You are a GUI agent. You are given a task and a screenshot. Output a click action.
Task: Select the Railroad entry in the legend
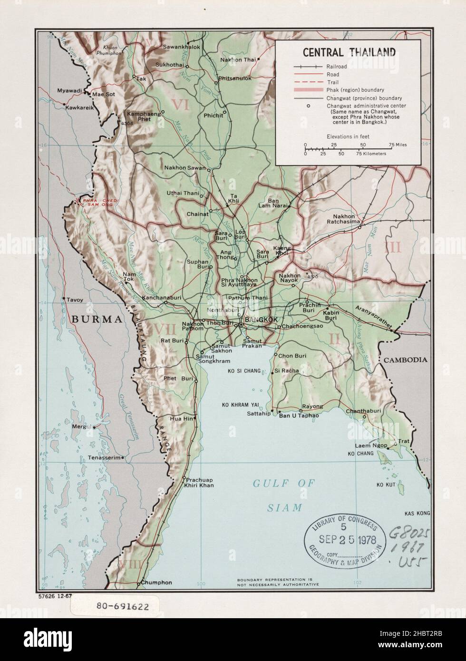[x=336, y=67]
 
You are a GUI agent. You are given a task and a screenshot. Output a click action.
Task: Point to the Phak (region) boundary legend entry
[x=349, y=89]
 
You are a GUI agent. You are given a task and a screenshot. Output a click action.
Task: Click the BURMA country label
[x=97, y=319]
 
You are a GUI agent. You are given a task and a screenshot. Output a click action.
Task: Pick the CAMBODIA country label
[x=406, y=360]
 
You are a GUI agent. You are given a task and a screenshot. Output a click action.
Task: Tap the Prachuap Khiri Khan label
[x=200, y=482]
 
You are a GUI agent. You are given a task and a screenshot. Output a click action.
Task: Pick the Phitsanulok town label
[x=234, y=78]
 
